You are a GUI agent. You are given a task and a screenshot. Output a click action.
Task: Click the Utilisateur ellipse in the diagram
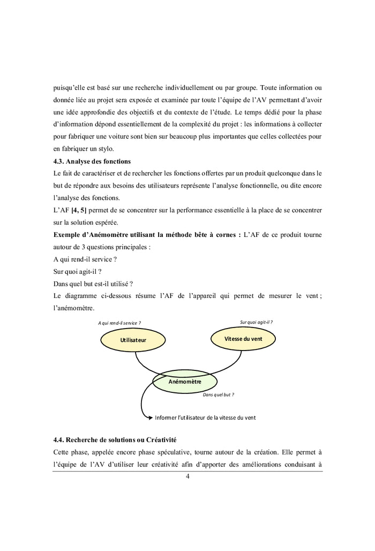[133, 340]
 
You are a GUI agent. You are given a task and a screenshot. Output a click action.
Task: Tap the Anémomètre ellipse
[185, 382]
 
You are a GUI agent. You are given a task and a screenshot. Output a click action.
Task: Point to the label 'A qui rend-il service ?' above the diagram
[119, 323]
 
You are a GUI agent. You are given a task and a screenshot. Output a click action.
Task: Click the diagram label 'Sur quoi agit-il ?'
[256, 322]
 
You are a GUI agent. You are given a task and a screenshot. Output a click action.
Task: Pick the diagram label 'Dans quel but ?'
[219, 394]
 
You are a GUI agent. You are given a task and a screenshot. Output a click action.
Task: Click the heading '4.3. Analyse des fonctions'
[92, 161]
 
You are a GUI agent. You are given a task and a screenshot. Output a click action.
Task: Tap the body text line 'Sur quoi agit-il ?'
[78, 272]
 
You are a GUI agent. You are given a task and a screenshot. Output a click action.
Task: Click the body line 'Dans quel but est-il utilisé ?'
[93, 284]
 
